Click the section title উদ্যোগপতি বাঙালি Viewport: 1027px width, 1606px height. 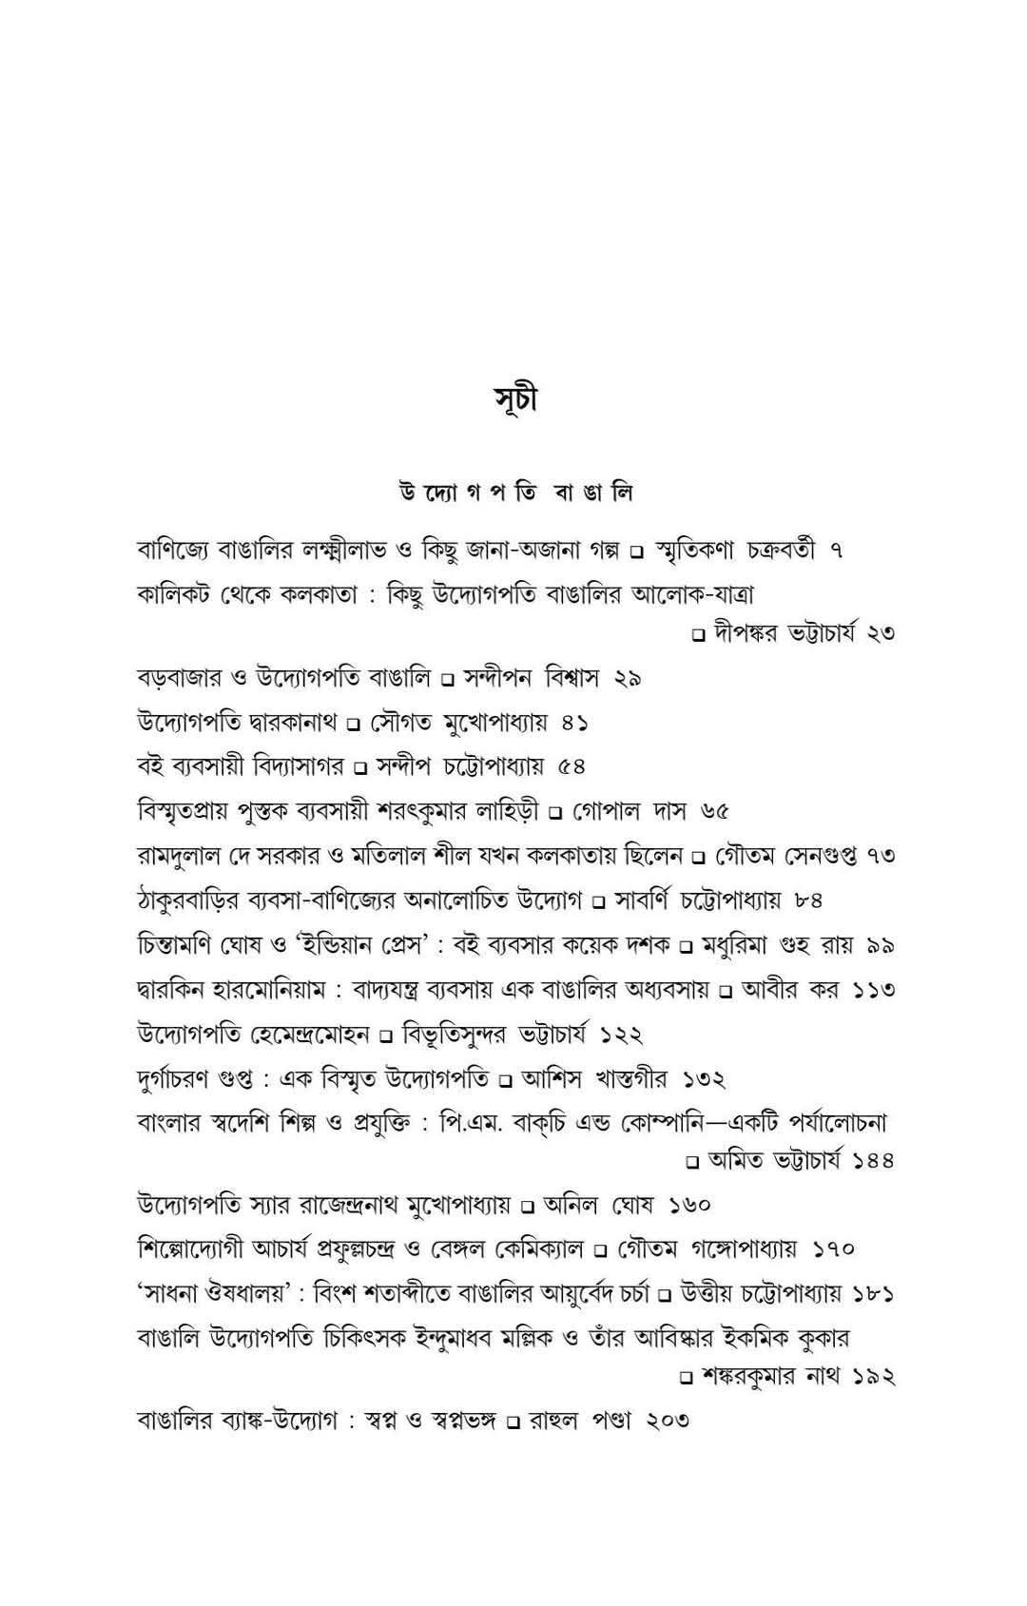515,493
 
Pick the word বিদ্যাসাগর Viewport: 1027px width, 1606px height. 299,766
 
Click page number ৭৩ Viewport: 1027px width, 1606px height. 881,856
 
